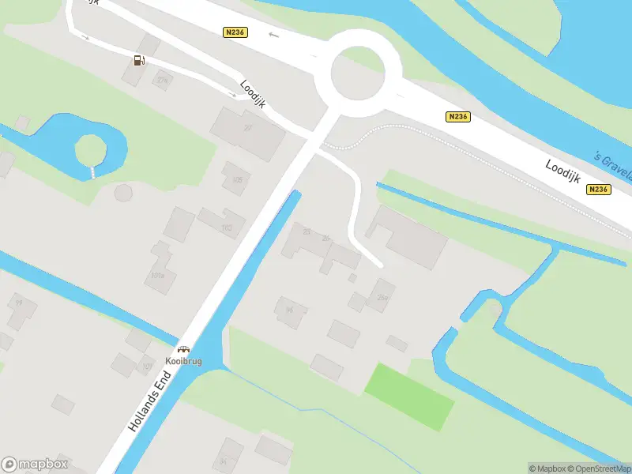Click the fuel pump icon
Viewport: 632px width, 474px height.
coord(139,60)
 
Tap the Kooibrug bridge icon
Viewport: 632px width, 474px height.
coord(184,349)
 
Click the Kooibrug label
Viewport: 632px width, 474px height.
coord(184,361)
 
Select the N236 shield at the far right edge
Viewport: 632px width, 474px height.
coord(599,190)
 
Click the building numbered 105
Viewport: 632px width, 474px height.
coord(236,179)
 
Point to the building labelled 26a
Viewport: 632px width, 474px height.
coord(381,296)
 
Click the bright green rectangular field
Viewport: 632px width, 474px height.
coord(409,397)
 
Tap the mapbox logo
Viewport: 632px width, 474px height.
coord(35,464)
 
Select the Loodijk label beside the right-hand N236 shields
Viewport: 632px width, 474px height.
coord(562,169)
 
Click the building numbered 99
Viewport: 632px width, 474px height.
coord(19,310)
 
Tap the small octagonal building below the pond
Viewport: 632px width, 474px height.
coord(123,192)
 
